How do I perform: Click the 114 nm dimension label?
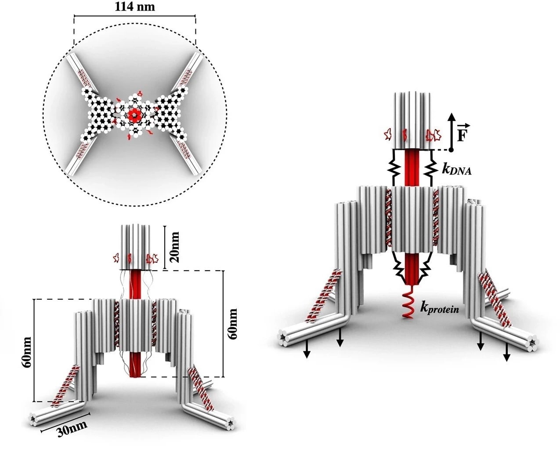coord(135,7)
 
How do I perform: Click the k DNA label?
coord(456,169)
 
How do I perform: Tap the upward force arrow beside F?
coord(452,131)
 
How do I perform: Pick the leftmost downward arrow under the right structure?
coord(307,350)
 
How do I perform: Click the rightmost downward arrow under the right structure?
coord(506,354)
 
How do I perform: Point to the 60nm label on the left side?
coord(27,352)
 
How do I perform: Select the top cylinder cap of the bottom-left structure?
coord(135,247)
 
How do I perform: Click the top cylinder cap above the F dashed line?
coord(412,121)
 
